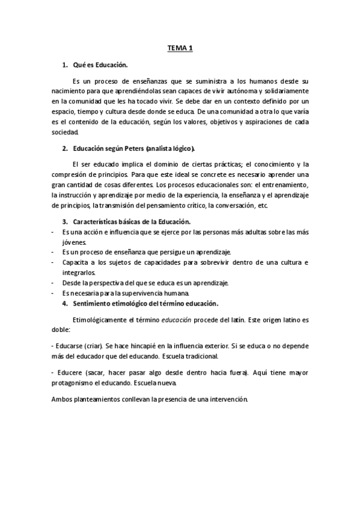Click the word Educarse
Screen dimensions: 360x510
[74, 348]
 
